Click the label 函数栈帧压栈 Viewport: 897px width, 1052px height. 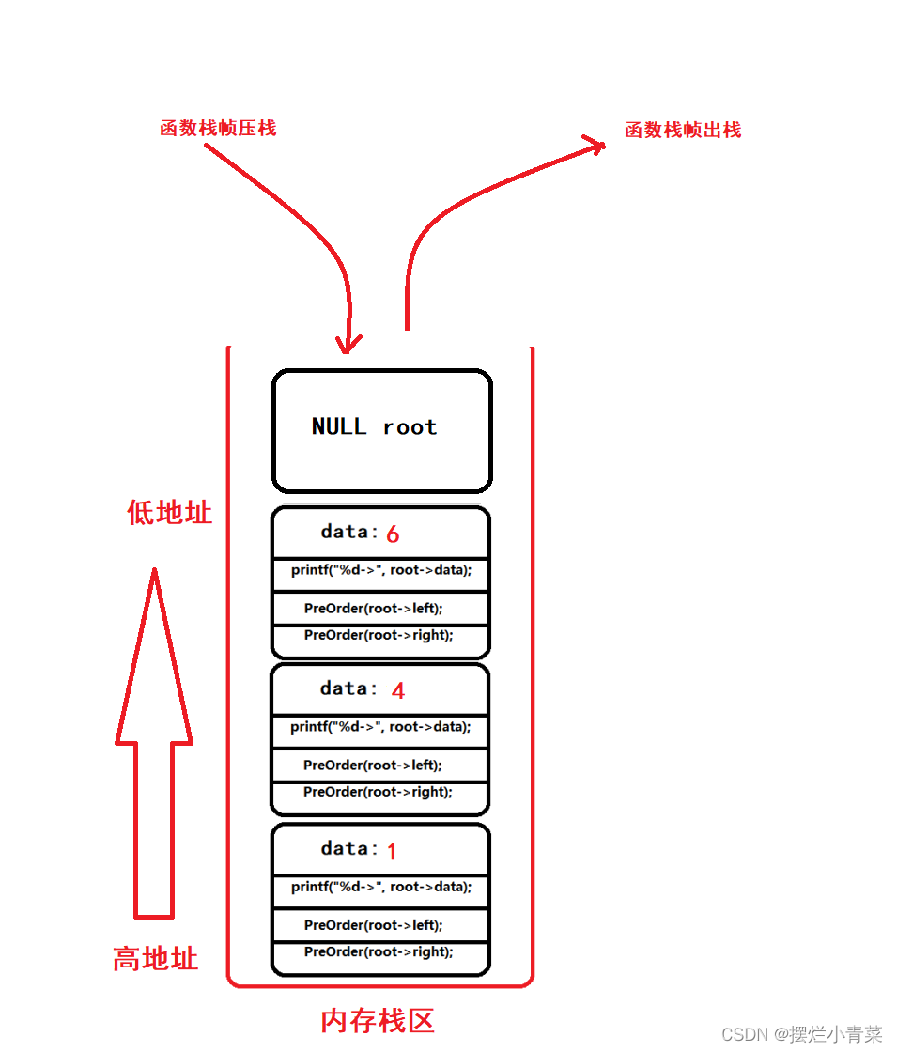pyautogui.click(x=218, y=129)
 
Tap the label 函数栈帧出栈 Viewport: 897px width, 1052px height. pyautogui.click(x=683, y=131)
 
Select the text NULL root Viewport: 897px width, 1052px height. pyautogui.click(x=374, y=427)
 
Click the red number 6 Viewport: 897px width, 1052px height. pyautogui.click(x=393, y=534)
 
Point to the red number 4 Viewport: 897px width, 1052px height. pyautogui.click(x=398, y=691)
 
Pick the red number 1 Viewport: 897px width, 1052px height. pyautogui.click(x=392, y=852)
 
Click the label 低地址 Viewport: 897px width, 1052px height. pyautogui.click(x=170, y=513)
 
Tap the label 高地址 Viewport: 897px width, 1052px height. pyautogui.click(x=156, y=959)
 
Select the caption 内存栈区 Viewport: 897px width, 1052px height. pyautogui.click(x=378, y=1021)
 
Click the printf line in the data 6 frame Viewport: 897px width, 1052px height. pyautogui.click(x=380, y=570)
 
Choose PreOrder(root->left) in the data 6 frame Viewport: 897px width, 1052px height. pyautogui.click(x=373, y=609)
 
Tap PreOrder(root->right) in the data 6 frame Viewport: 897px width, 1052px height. pyautogui.click(x=379, y=635)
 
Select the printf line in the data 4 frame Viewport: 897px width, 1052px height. pyautogui.click(x=380, y=727)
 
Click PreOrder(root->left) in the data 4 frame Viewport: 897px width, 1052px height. pyautogui.click(x=373, y=766)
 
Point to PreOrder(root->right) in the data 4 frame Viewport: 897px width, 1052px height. pyautogui.click(x=379, y=792)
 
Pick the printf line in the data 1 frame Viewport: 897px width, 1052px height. pyautogui.click(x=380, y=887)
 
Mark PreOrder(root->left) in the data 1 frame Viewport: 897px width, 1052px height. pyautogui.click(x=373, y=925)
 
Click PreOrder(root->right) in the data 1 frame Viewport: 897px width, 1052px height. pyautogui.click(x=379, y=951)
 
